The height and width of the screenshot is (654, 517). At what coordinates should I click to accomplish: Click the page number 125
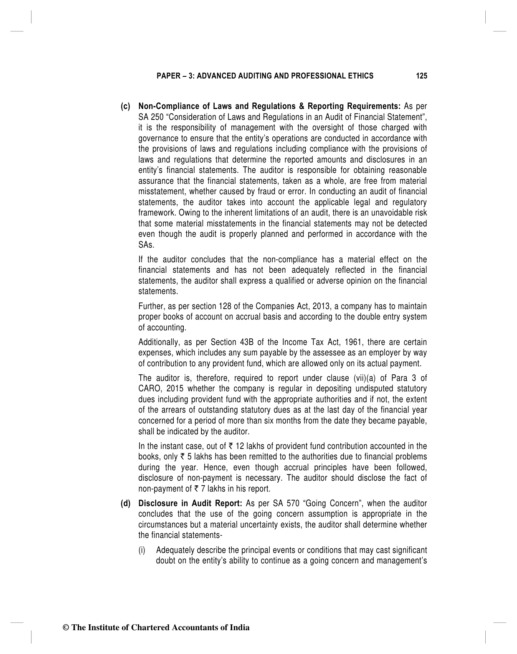click(x=421, y=76)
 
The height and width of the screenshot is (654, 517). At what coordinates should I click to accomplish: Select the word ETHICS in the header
click(x=361, y=76)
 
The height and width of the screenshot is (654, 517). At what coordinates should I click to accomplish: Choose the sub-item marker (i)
click(x=142, y=550)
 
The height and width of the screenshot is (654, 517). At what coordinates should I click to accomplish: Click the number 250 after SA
click(x=157, y=117)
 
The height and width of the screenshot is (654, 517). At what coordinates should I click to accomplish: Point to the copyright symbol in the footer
click(x=66, y=628)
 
